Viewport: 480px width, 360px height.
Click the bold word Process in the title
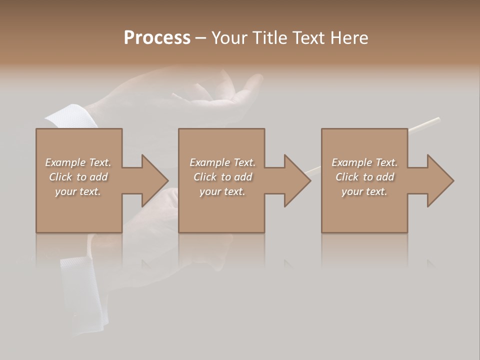pyautogui.click(x=157, y=38)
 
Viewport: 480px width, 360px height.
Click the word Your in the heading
pyautogui.click(x=229, y=38)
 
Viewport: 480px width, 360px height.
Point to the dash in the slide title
pyautogui.click(x=200, y=38)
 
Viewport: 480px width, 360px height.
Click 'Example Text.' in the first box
pyautogui.click(x=78, y=162)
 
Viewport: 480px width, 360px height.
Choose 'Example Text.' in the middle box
pyautogui.click(x=222, y=162)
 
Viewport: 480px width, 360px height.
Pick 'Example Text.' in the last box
pyautogui.click(x=364, y=162)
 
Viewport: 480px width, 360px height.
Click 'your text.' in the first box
pyautogui.click(x=78, y=191)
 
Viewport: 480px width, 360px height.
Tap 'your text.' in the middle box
pyautogui.click(x=222, y=191)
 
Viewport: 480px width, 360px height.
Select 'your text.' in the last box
pyautogui.click(x=364, y=191)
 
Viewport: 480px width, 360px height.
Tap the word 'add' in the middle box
pyautogui.click(x=243, y=177)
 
